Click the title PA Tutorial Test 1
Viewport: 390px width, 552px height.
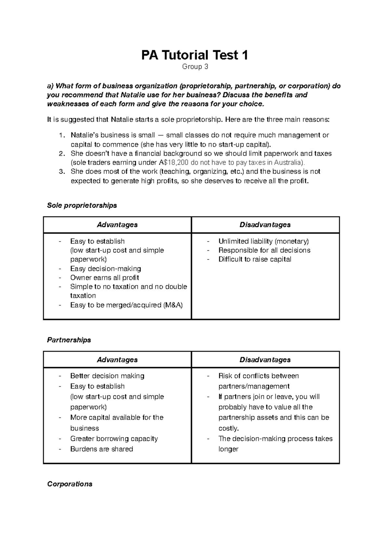(x=195, y=55)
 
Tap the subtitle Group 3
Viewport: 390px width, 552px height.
(x=195, y=67)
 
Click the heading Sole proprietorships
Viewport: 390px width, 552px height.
(x=82, y=205)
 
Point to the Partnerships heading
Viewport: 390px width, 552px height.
(x=69, y=340)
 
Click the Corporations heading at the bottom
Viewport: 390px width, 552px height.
(x=70, y=484)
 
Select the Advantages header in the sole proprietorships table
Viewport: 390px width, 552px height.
(x=117, y=225)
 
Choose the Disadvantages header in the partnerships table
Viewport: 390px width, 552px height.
(x=265, y=360)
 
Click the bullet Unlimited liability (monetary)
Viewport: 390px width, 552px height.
(x=263, y=241)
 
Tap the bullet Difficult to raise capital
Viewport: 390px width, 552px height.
(x=255, y=259)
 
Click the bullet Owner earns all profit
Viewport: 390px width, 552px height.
(x=105, y=278)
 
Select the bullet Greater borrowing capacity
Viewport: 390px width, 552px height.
(x=114, y=439)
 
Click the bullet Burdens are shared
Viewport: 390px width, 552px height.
(x=102, y=449)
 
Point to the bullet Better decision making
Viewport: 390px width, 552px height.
(x=107, y=376)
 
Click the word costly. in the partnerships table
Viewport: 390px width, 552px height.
(x=228, y=428)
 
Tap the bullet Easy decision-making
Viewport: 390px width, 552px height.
(x=106, y=269)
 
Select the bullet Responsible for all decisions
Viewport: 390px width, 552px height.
(x=264, y=250)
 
